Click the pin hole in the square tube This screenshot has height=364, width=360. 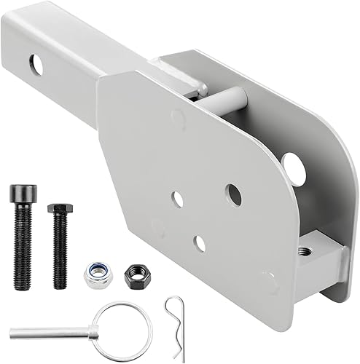(x=36, y=64)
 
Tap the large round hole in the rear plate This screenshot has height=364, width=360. (x=294, y=167)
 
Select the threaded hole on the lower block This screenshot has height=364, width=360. (x=305, y=251)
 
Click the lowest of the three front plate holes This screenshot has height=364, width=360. (x=199, y=244)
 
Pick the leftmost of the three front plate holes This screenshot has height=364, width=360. (x=177, y=198)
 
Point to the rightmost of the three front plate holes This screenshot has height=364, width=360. (x=233, y=194)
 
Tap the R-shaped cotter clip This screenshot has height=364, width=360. (x=175, y=320)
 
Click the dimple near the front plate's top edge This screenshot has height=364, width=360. (x=177, y=116)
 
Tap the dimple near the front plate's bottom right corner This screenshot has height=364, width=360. (x=268, y=279)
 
